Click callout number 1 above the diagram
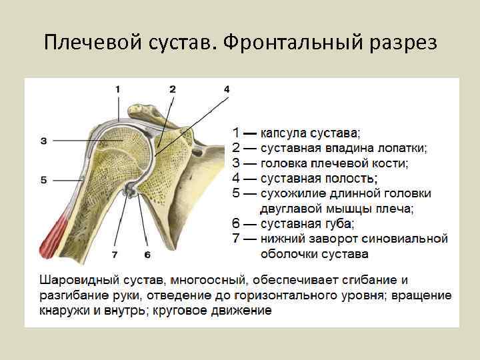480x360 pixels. click(118, 89)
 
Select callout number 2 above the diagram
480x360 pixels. click(173, 89)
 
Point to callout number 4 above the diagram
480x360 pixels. click(227, 89)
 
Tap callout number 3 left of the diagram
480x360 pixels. click(43, 141)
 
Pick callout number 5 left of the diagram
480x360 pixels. click(43, 180)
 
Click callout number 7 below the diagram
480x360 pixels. click(114, 255)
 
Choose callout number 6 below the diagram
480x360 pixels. click(147, 255)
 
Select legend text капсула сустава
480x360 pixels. click(309, 133)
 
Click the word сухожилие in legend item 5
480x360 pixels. click(292, 194)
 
